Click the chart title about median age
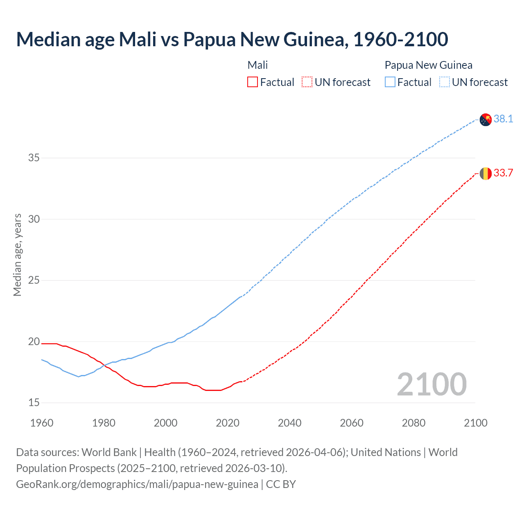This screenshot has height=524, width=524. [232, 39]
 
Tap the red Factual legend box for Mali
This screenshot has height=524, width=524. [253, 82]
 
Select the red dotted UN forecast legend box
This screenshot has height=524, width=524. [307, 82]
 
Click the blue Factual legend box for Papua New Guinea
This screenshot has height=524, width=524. [390, 82]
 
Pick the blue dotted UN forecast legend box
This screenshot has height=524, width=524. [444, 82]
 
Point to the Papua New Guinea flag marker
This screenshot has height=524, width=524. [486, 120]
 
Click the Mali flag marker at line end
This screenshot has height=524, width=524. [486, 174]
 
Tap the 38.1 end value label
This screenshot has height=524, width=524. [503, 119]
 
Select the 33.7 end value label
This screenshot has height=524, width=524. [503, 173]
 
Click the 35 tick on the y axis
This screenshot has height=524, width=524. [34, 158]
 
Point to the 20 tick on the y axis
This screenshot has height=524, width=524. [34, 342]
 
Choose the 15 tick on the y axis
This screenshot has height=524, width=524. [34, 403]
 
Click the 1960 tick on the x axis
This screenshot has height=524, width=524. [42, 423]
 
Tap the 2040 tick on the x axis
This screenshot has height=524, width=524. [289, 423]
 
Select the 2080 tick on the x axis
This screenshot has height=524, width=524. [413, 423]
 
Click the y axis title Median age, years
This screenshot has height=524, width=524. [17, 255]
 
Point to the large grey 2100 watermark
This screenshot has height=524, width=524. [431, 384]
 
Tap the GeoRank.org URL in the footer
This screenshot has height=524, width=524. [137, 484]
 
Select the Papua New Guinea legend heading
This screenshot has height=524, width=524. [428, 65]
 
